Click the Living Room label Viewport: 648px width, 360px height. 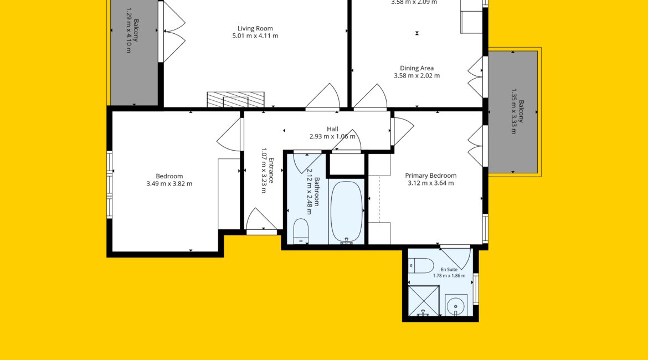[x=255, y=28]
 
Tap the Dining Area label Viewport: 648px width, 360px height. [x=416, y=68]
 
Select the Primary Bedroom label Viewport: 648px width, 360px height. [x=431, y=176]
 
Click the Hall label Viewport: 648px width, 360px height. [x=332, y=129]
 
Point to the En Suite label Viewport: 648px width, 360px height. [x=449, y=270]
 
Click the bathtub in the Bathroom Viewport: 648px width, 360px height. [x=346, y=212]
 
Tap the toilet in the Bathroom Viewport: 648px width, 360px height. [x=301, y=231]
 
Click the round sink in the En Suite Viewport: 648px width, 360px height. [x=456, y=306]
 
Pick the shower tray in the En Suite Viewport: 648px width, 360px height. [x=424, y=301]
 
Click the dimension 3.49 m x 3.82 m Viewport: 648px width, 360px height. [x=169, y=184]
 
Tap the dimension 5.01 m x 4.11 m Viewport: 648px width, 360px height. [x=255, y=36]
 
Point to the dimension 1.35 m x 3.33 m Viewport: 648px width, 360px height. [x=513, y=111]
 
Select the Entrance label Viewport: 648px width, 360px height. [x=271, y=170]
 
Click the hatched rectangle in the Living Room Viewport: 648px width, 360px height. [x=235, y=100]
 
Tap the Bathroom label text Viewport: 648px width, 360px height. [x=317, y=192]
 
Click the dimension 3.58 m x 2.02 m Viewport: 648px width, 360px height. [x=416, y=76]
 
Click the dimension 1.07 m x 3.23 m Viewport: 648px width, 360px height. [x=264, y=170]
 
